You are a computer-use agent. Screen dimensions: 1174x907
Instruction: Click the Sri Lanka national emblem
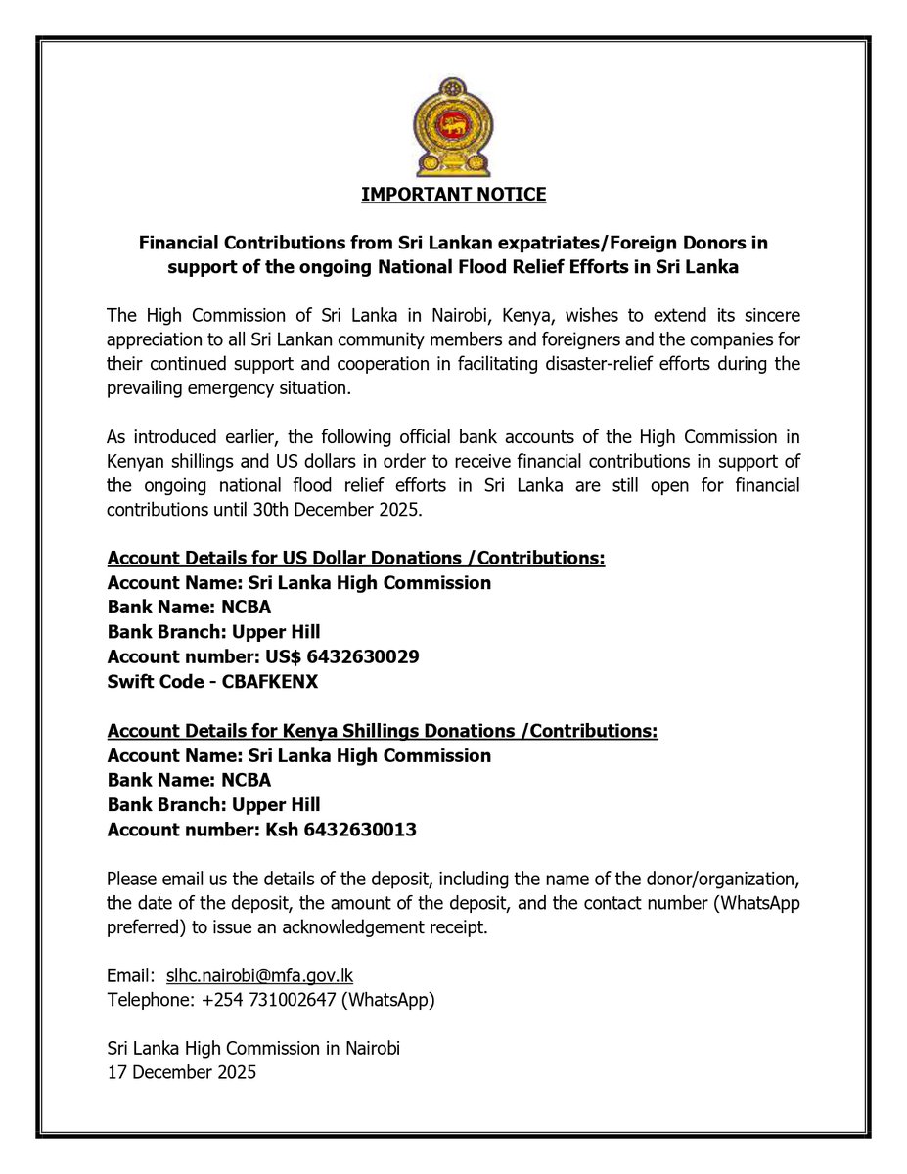point(453,126)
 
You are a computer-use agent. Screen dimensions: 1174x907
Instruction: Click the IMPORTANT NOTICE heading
point(453,195)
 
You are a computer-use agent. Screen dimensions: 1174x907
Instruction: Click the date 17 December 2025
point(182,1072)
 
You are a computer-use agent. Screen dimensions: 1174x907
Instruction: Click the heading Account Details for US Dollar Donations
point(356,559)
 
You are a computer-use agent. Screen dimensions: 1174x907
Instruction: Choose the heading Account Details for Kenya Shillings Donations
point(383,731)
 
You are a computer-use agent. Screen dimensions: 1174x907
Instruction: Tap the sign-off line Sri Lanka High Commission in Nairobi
point(254,1048)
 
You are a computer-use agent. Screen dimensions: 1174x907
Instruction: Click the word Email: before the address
point(130,975)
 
